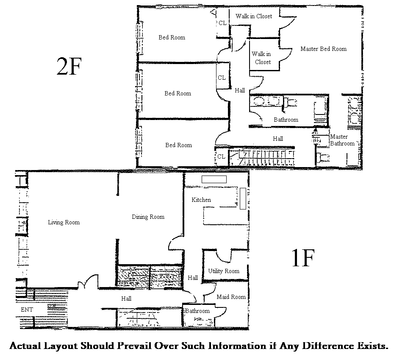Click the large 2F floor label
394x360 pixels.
point(69,67)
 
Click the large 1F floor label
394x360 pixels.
point(303,258)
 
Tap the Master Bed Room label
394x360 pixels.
point(323,49)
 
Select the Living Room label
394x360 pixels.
point(64,222)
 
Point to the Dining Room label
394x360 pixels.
point(148,217)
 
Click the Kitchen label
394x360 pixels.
point(201,200)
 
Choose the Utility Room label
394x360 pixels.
point(224,271)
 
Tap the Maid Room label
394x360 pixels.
point(231,297)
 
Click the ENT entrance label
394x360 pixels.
point(27,310)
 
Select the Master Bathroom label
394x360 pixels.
point(342,140)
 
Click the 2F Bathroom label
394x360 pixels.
point(286,120)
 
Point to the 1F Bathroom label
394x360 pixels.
point(197,311)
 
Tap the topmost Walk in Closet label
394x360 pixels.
point(254,16)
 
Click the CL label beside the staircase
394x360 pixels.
point(221,156)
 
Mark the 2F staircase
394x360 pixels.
point(261,158)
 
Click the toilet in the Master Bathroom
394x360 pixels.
point(322,158)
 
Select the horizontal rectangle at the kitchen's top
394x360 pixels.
point(214,179)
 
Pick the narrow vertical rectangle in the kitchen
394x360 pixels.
point(243,198)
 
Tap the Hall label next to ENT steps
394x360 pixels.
point(126,299)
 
